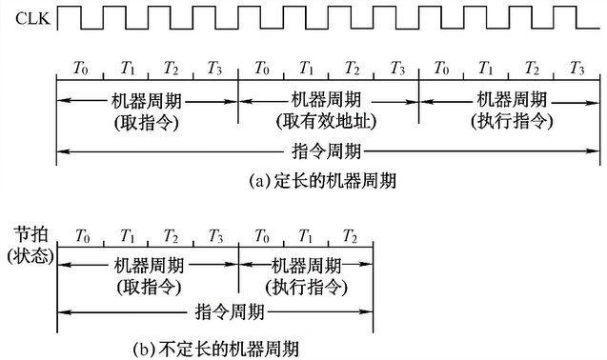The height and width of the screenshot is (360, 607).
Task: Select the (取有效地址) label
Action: pyautogui.click(x=329, y=122)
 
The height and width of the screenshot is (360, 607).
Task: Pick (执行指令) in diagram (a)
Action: pyautogui.click(x=510, y=122)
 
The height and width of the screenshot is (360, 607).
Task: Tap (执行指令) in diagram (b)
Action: pyautogui.click(x=306, y=284)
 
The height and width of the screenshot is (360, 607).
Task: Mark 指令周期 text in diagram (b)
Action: pyautogui.click(x=215, y=311)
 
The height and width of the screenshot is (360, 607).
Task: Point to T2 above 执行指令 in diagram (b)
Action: pyautogui.click(x=351, y=234)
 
